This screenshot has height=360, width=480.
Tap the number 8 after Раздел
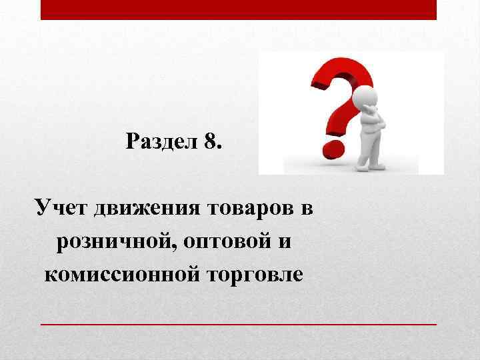tap(210, 143)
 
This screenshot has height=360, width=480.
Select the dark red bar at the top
tap(239, 9)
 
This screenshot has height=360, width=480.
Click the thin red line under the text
tap(239, 323)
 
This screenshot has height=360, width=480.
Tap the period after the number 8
tap(219, 147)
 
